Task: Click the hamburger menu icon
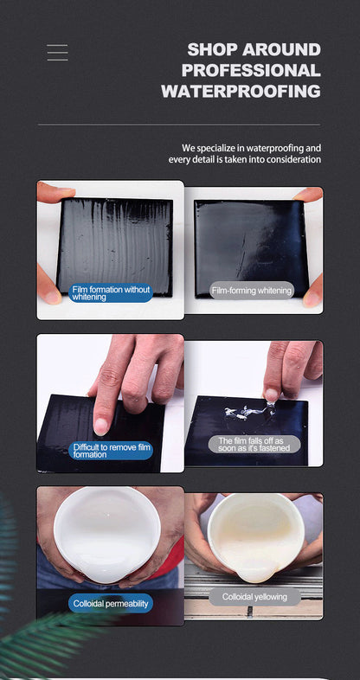pyautogui.click(x=58, y=53)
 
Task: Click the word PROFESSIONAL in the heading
pyautogui.click(x=251, y=70)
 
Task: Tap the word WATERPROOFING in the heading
pyautogui.click(x=241, y=92)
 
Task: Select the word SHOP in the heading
pyautogui.click(x=212, y=49)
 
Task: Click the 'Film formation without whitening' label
pyautogui.click(x=111, y=293)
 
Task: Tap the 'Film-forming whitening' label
pyautogui.click(x=252, y=290)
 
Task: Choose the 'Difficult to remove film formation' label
pyautogui.click(x=111, y=451)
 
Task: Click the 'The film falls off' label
pyautogui.click(x=254, y=445)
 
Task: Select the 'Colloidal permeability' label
pyautogui.click(x=111, y=603)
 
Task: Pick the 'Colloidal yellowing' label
pyautogui.click(x=254, y=597)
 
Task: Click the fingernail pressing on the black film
pyautogui.click(x=101, y=427)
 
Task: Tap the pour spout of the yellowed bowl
pyautogui.click(x=254, y=574)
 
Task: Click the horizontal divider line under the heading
pyautogui.click(x=179, y=125)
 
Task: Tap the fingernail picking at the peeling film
pyautogui.click(x=271, y=394)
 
